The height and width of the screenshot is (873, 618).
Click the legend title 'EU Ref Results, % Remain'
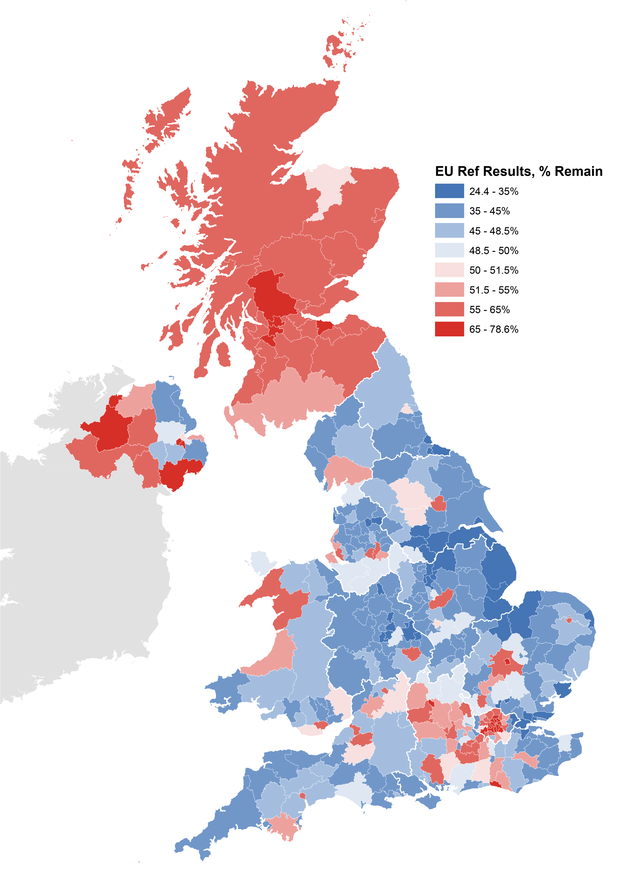point(518,171)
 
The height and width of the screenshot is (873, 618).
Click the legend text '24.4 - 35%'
point(494,191)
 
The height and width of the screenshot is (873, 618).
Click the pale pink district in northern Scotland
point(327,187)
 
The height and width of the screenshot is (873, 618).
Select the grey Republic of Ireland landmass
point(76,571)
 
